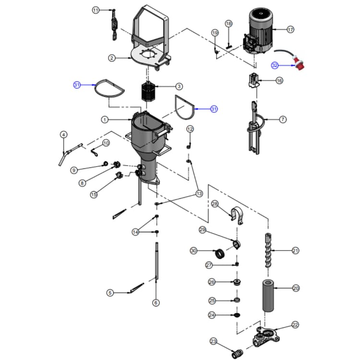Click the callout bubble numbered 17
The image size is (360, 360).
tap(290, 29)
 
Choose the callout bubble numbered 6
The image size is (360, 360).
tap(156, 302)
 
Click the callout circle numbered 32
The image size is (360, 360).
tap(275, 65)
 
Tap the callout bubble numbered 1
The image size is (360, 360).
tap(105, 119)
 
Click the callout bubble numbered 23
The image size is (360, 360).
tap(214, 341)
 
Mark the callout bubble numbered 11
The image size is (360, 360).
tap(96, 10)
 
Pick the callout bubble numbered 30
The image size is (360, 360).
tap(193, 251)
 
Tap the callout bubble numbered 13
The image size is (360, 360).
tap(198, 193)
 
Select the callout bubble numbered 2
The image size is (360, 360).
tap(111, 58)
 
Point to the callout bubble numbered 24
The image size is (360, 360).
tap(212, 315)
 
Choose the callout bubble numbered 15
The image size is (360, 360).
tap(94, 194)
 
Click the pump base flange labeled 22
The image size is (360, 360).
tap(264, 336)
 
